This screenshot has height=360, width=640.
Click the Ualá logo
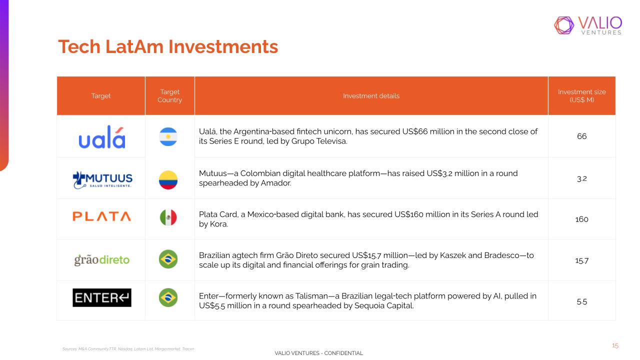[102, 137]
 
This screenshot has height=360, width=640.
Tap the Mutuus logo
[102, 180]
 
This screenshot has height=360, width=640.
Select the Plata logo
[101, 216]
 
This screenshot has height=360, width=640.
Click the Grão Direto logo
[102, 259]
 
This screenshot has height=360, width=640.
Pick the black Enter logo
[102, 297]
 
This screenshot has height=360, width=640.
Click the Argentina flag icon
[168, 136]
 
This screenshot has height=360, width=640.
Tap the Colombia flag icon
[168, 180]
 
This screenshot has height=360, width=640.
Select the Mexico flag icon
[168, 217]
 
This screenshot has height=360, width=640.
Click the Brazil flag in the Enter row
[168, 297]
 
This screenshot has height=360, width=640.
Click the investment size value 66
[581, 136]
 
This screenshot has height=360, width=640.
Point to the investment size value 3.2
[581, 179]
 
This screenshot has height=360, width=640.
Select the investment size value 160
[581, 219]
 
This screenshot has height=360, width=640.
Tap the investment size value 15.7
[581, 261]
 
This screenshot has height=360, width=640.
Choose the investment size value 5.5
[581, 301]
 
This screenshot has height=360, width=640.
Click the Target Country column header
[169, 95]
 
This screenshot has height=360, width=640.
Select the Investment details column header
[371, 95]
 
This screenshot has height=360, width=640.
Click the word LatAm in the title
[134, 46]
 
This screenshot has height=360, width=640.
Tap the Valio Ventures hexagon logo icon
[564, 25]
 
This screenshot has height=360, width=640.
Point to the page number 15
[615, 345]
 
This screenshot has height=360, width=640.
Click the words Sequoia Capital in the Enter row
[383, 305]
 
